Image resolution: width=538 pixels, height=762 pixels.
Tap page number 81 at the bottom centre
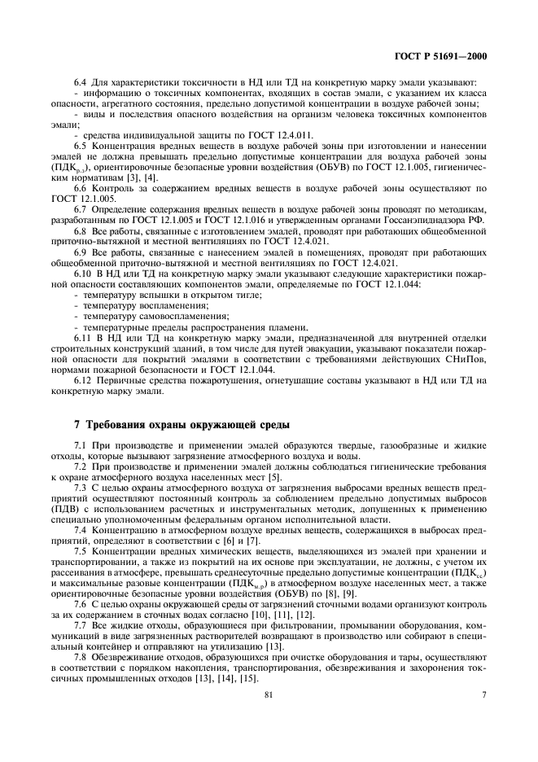coord(268,694)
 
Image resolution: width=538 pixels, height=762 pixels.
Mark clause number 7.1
coord(81,448)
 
